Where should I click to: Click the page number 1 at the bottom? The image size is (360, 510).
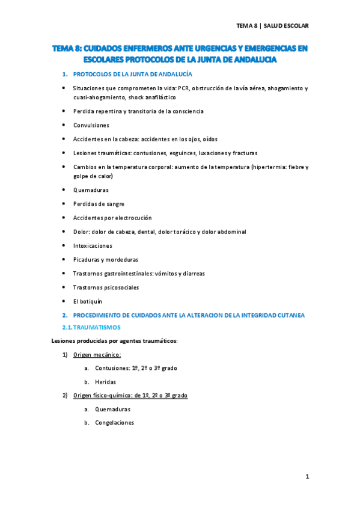tap(307, 477)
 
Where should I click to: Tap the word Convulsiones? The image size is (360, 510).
tap(91, 125)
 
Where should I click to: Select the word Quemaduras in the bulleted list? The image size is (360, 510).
tap(91, 190)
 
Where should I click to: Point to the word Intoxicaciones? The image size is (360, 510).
tap(93, 245)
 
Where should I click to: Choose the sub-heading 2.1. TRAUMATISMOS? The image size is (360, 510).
tap(92, 327)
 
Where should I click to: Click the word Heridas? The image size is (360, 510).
tap(105, 382)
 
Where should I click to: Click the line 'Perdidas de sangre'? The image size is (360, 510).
tap(99, 204)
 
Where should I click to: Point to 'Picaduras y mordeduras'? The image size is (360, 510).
tap(106, 259)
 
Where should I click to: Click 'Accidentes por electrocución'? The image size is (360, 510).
tap(112, 218)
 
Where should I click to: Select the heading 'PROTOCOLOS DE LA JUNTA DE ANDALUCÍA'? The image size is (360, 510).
tap(132, 74)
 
